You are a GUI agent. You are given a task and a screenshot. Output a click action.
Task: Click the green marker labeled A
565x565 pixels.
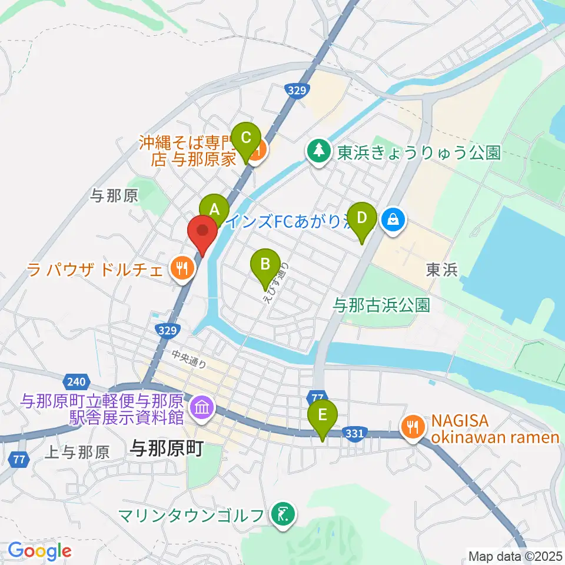214,208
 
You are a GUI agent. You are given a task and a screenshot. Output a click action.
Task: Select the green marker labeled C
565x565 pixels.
246,138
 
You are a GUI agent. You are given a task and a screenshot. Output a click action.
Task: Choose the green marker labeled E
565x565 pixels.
323,414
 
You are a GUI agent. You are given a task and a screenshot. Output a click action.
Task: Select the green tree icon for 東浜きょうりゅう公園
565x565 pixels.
318,151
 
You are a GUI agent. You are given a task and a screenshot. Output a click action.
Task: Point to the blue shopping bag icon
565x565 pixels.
391,220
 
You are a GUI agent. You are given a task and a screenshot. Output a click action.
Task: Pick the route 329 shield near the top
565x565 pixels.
297,89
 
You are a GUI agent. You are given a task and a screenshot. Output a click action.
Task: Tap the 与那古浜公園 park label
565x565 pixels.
382,304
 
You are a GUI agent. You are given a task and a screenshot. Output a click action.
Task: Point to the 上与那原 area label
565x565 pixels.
78,452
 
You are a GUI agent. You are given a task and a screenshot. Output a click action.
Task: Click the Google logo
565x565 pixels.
39,551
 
